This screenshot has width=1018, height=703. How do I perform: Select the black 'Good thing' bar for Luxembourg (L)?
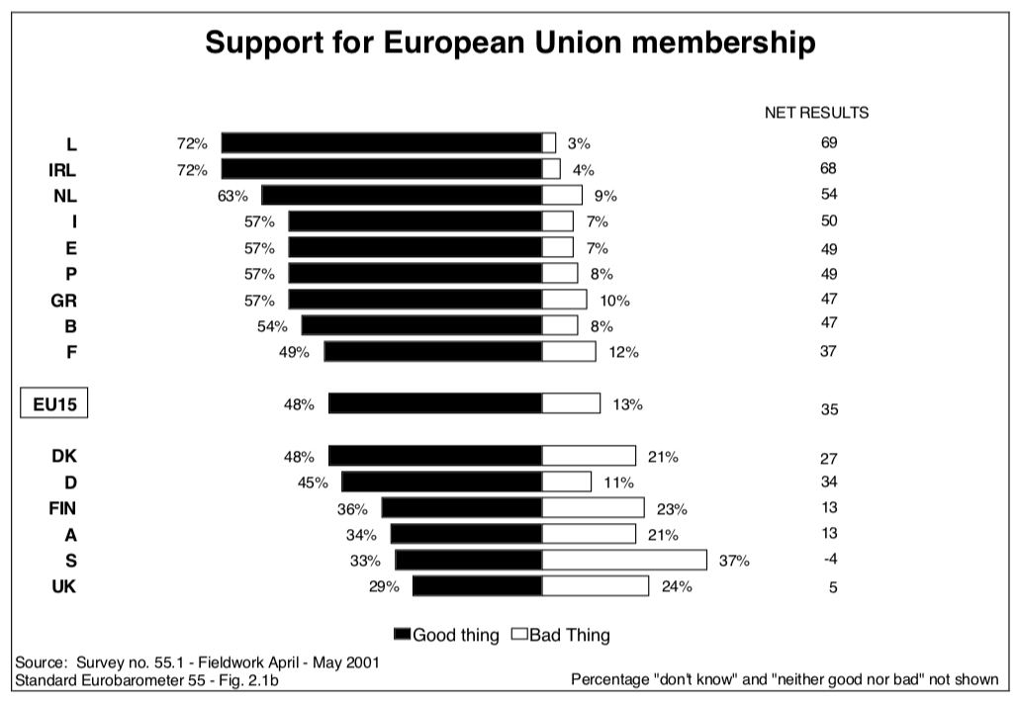pos(382,142)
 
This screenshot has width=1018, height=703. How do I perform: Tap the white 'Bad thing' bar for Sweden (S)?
pos(624,561)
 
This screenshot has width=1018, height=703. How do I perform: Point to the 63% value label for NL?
pos(232,195)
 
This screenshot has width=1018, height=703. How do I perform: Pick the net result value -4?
pos(829,561)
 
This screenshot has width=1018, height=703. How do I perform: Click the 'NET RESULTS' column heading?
pos(816,113)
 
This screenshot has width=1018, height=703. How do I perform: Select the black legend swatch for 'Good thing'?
pos(402,634)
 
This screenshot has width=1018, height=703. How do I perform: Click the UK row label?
pos(63,587)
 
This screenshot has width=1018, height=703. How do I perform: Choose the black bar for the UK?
pos(477,586)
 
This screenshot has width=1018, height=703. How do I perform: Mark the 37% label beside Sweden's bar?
pos(735,562)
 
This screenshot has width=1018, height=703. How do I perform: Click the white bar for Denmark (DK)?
pos(589,456)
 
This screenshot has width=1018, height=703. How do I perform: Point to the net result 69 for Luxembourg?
pos(829,142)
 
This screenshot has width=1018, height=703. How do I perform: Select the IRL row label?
pos(62,169)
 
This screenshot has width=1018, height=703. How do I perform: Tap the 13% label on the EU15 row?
pos(627,403)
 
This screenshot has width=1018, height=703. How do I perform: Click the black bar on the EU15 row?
pos(435,403)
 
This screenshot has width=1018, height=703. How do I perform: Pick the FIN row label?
pos(61,508)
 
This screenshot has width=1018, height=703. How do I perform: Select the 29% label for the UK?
pos(384,587)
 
